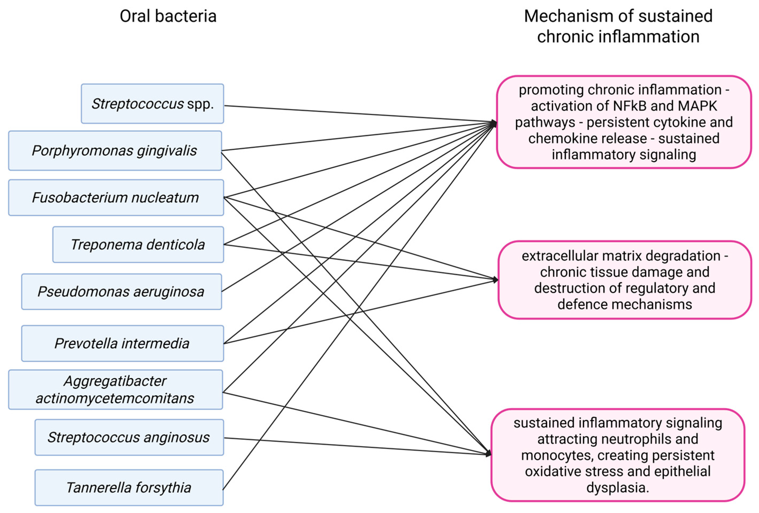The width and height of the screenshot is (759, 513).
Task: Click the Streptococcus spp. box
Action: coord(152,104)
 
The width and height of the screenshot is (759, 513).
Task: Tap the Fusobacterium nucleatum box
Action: coord(116,197)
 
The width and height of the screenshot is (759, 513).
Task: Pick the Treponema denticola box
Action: coord(138,244)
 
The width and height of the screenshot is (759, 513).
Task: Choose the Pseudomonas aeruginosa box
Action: coord(121,291)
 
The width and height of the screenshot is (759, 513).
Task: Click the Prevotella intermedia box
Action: coord(122,343)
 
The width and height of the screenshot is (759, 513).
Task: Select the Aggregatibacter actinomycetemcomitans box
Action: coord(115,389)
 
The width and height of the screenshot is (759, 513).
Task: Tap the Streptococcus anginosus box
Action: coord(129,437)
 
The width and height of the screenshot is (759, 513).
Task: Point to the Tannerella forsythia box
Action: coord(129,488)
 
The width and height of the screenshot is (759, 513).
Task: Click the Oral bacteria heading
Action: coord(168,16)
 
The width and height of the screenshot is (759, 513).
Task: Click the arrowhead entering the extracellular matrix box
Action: coord(495,280)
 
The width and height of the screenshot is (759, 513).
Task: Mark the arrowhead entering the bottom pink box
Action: coord(489,454)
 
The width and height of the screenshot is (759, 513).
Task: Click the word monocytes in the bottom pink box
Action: coord(555,455)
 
